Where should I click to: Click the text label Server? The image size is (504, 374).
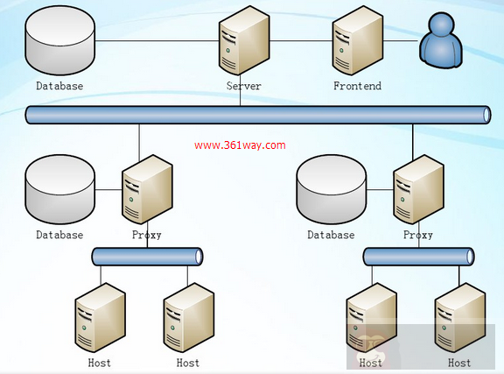click(243, 86)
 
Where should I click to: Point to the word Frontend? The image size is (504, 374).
click(357, 86)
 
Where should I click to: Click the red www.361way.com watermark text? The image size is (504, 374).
click(240, 146)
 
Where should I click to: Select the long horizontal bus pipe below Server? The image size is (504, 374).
click(257, 115)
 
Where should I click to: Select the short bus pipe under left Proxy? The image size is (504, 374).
click(147, 257)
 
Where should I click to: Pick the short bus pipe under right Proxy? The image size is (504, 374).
click(418, 257)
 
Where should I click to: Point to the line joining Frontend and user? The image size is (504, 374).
click(400, 40)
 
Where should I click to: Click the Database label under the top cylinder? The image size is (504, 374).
click(59, 86)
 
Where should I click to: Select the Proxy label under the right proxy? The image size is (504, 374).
click(418, 235)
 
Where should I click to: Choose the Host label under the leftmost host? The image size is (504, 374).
click(100, 362)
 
